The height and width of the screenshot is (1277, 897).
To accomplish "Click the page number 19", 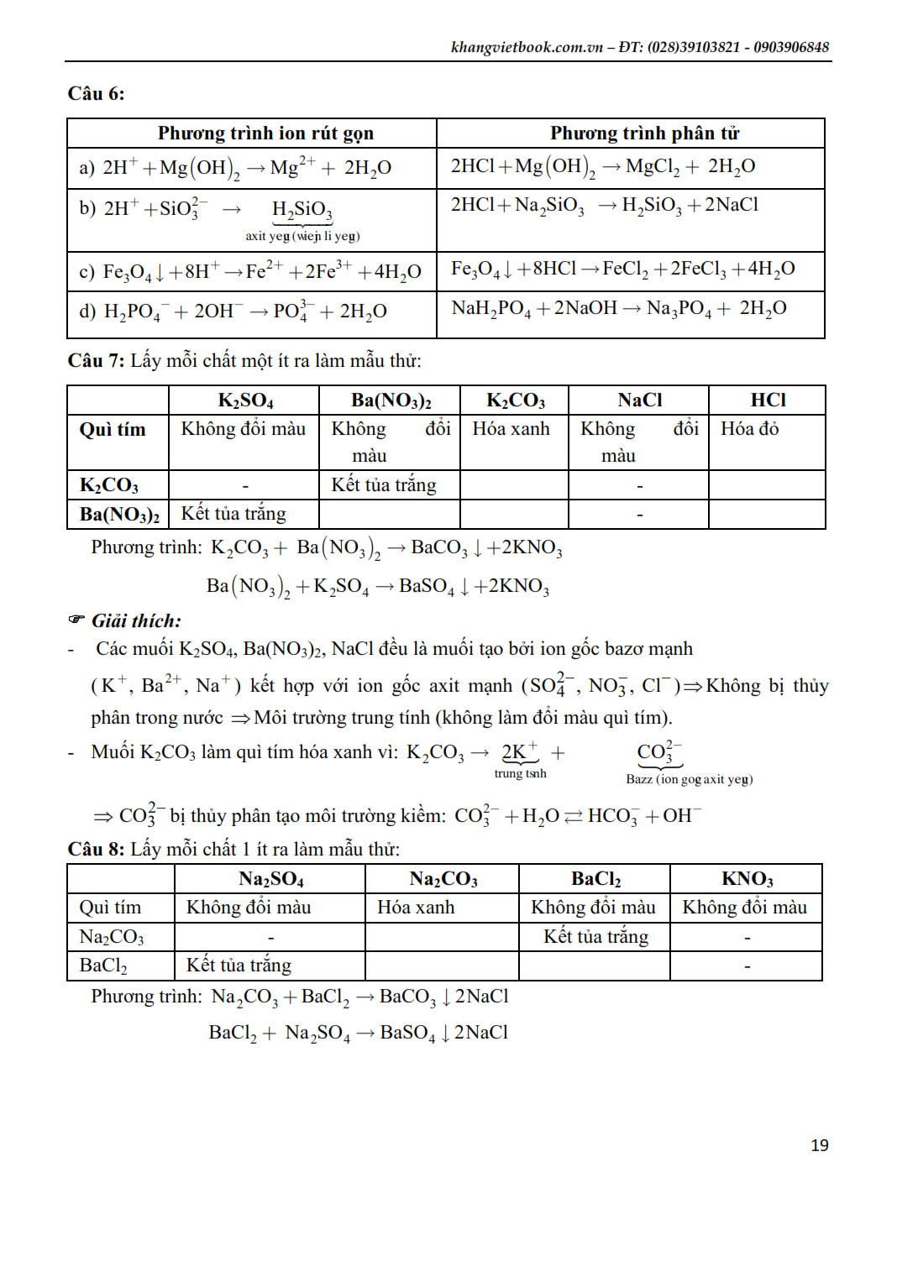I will [819, 1145].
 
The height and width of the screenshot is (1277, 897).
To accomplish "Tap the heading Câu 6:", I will [96, 93].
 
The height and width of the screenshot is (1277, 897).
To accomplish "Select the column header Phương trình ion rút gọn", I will [265, 133].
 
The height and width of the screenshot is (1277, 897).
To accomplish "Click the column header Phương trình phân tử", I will [644, 133].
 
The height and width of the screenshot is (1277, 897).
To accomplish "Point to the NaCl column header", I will [639, 400].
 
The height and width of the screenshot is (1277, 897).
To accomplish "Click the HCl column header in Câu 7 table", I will [768, 400].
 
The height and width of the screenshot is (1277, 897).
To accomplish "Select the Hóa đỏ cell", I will [749, 429].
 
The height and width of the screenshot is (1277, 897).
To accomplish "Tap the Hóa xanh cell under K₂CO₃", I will [511, 429].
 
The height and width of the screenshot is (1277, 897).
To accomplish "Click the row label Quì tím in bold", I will [113, 430].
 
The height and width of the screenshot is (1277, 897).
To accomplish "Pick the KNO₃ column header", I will [747, 879].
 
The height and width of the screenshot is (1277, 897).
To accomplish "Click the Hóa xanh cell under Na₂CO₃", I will [416, 908].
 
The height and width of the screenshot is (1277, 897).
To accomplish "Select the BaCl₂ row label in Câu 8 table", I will [103, 966].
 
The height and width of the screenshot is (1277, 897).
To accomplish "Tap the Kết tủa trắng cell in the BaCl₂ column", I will [595, 936].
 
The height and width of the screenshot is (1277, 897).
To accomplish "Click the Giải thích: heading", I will [136, 621].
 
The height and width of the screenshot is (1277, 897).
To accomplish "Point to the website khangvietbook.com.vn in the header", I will [527, 47].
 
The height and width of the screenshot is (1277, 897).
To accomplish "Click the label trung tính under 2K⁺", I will [520, 773].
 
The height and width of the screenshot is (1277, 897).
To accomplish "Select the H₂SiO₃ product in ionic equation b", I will [302, 209].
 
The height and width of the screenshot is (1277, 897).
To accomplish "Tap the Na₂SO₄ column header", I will [270, 879].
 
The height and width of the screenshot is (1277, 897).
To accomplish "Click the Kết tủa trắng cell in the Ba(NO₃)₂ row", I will [233, 514].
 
